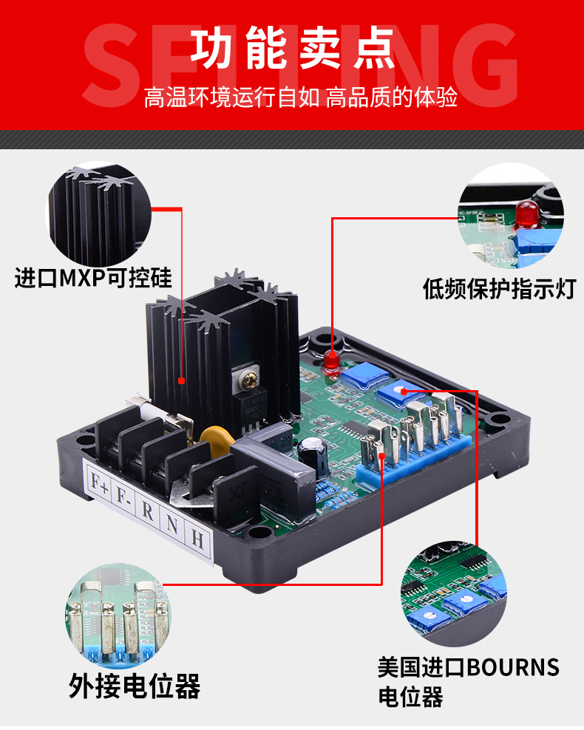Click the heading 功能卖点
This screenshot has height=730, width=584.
tap(292, 47)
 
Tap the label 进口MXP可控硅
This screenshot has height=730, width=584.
tap(93, 278)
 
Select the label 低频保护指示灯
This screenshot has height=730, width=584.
tap(499, 289)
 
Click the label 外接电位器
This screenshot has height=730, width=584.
tap(135, 686)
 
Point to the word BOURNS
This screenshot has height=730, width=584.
tap(513, 667)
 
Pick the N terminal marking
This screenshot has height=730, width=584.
tap(172, 525)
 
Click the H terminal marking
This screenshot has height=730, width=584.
tap(197, 539)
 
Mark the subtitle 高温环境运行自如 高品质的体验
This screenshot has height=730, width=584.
tap(300, 98)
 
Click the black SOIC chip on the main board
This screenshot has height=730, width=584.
tap(354, 431)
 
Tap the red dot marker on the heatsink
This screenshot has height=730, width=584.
tap(182, 381)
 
